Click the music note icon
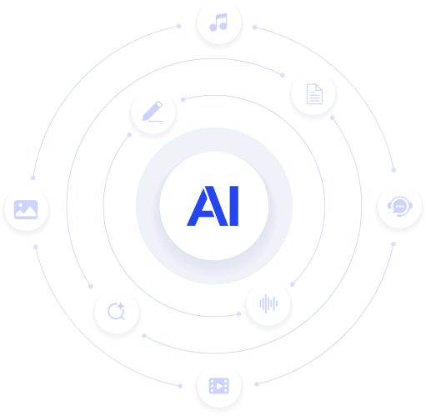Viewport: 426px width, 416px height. [x=218, y=22]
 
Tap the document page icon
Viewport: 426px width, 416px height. [x=314, y=94]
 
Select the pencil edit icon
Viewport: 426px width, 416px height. [x=153, y=111]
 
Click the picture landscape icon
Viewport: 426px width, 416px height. [x=26, y=209]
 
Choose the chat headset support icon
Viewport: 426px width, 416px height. [x=400, y=206]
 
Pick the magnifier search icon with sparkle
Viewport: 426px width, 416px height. [x=117, y=311]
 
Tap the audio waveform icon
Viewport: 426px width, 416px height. [x=268, y=303]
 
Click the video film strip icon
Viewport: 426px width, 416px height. [x=219, y=386]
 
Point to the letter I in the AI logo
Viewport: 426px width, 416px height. [x=234, y=206]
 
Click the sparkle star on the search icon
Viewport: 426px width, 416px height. [x=120, y=307]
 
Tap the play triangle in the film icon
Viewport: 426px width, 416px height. [x=219, y=386]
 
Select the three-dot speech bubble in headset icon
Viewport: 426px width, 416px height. [x=400, y=206]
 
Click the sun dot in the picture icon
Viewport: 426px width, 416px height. [x=21, y=205]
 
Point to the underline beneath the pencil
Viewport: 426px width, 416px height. [x=155, y=121]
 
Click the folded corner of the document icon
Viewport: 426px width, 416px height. [x=318, y=88]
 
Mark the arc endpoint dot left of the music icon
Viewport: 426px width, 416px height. [x=179, y=26]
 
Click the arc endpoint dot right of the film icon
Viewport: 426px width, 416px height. [x=257, y=384]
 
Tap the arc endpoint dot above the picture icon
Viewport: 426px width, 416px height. [x=33, y=178]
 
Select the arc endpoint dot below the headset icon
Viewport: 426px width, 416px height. [x=393, y=244]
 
